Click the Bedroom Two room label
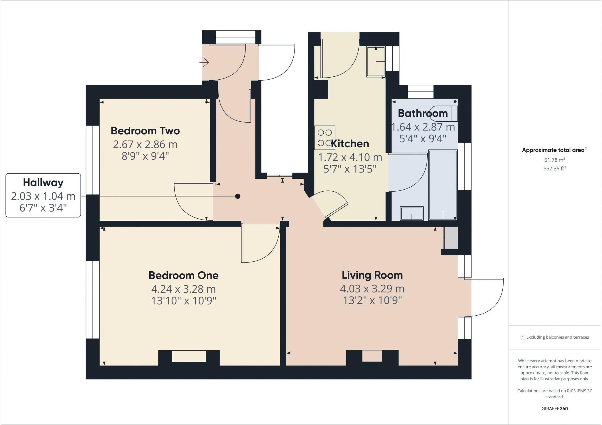click(x=145, y=131)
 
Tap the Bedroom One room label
click(x=183, y=275)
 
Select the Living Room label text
click(x=372, y=275)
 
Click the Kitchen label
click(x=350, y=144)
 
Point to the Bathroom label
click(x=423, y=113)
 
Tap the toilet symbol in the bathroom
click(x=444, y=113)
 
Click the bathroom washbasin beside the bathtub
click(x=412, y=213)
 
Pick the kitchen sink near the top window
click(x=376, y=62)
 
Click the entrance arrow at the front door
click(x=204, y=62)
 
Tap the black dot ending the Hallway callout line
click(x=238, y=196)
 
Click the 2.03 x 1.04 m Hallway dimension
click(x=43, y=196)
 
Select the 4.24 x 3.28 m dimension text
click(x=183, y=289)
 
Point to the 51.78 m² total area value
click(x=555, y=160)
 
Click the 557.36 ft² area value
click(x=555, y=169)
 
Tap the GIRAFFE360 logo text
click(x=554, y=409)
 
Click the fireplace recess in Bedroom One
click(x=189, y=356)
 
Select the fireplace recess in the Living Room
click(x=372, y=356)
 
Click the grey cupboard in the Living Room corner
click(x=451, y=238)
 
